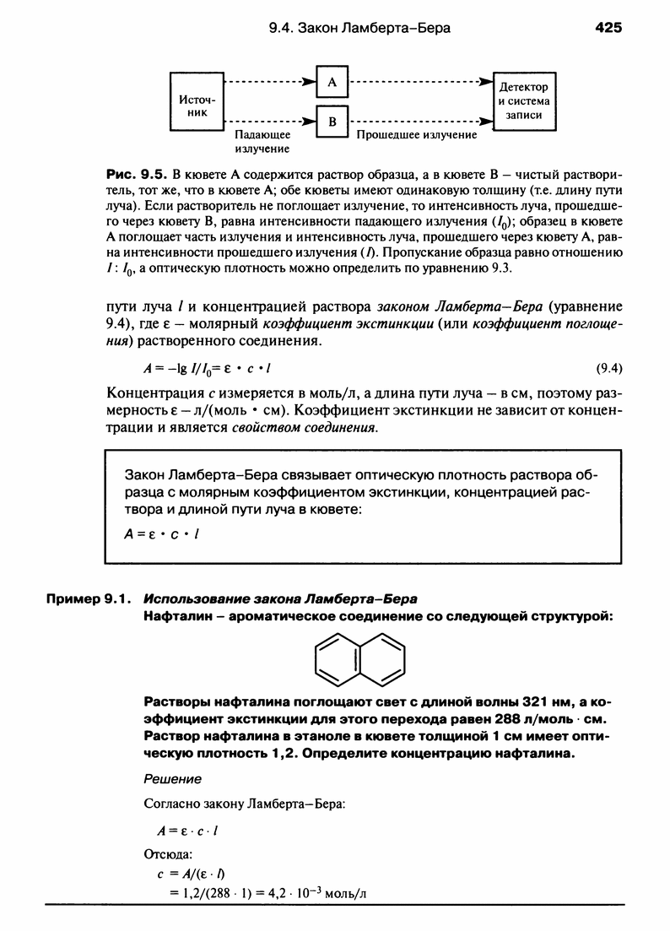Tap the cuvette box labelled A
(332, 83)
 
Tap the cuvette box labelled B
(332, 122)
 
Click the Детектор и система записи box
(524, 101)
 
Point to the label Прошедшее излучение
(417, 134)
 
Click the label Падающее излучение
(262, 141)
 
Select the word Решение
(173, 777)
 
